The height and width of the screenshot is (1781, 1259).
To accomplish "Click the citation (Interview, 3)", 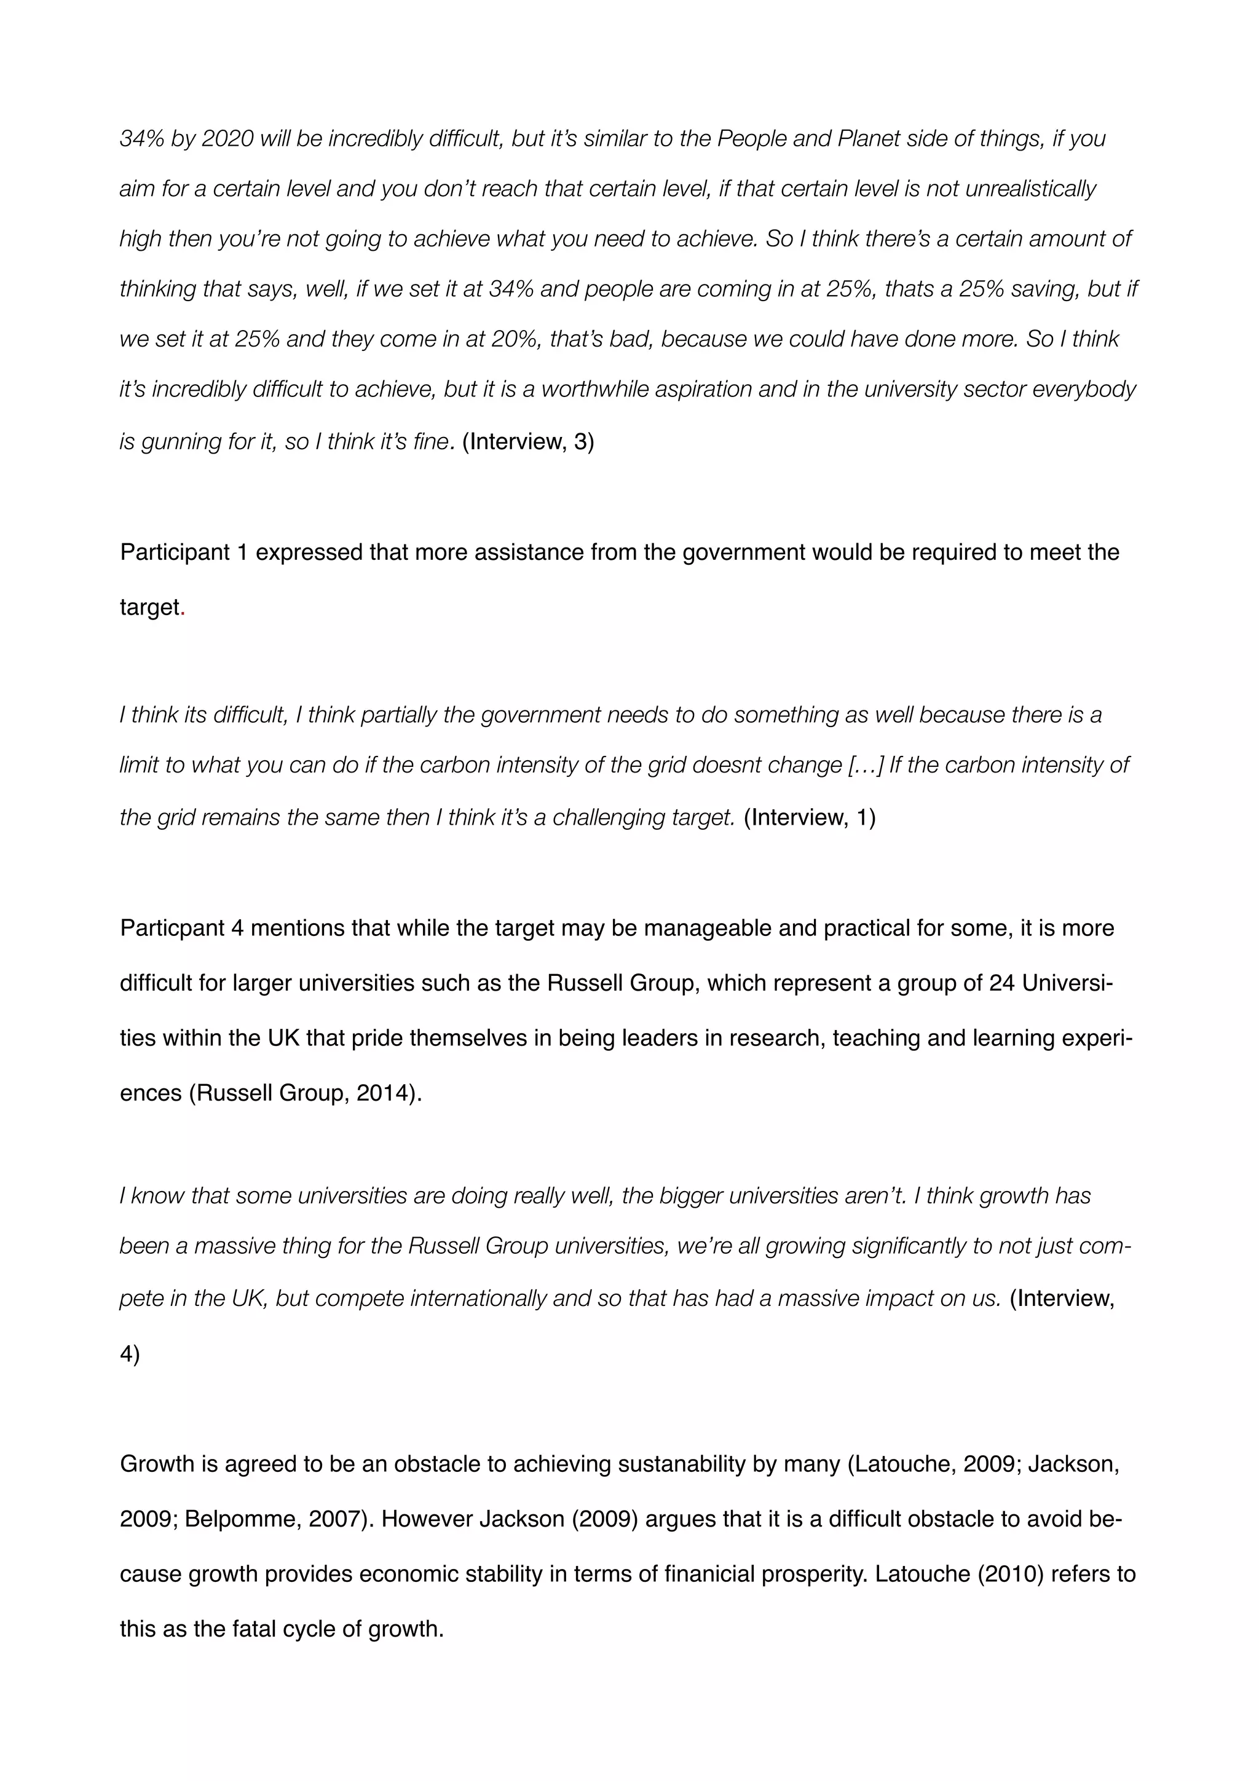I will [527, 441].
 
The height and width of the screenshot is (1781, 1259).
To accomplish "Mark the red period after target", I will [183, 607].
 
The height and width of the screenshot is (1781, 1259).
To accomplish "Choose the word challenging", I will [604, 817].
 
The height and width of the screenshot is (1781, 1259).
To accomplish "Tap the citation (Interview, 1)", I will [809, 817].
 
